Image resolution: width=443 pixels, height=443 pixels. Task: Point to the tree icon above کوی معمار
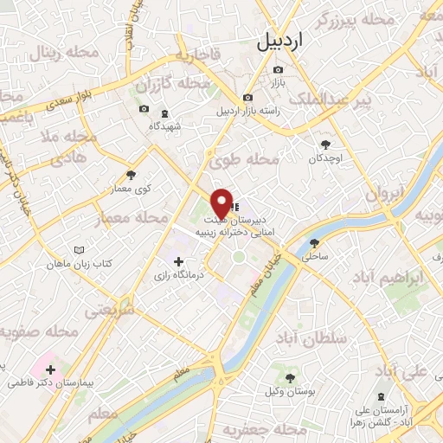point(131,175)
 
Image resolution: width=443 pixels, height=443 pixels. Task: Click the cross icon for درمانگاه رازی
point(178,260)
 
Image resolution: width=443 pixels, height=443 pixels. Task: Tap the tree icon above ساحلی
point(313,243)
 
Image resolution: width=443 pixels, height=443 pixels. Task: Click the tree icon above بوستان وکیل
point(290,378)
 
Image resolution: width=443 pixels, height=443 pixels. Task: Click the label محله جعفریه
point(256,429)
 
